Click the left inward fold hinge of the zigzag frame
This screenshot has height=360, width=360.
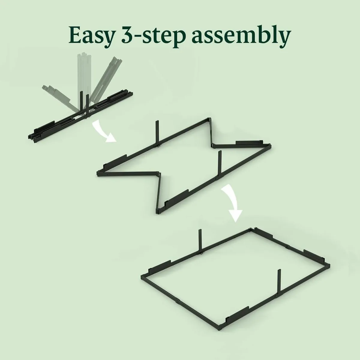click(158, 173)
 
